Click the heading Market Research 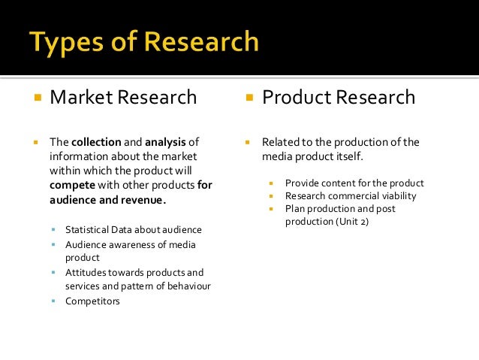(x=123, y=98)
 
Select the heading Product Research (x=338, y=98)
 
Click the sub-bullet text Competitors (x=92, y=301)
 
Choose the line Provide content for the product (x=354, y=183)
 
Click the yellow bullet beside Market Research (x=35, y=98)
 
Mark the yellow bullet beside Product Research (x=248, y=98)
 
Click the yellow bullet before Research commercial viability (x=274, y=197)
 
